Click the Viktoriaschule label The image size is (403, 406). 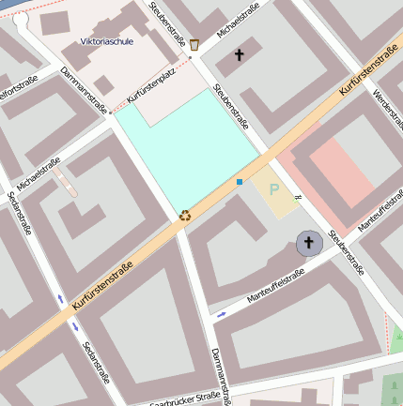tap(106, 41)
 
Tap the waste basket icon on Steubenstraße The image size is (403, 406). tap(194, 44)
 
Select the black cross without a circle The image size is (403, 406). tap(239, 56)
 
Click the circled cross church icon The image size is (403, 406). tap(308, 244)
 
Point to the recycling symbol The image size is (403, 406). tap(185, 215)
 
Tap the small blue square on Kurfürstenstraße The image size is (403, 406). tap(240, 181)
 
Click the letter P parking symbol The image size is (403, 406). tap(274, 188)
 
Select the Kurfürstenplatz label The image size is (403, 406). tap(152, 94)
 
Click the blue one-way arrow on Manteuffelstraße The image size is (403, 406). tap(221, 314)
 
